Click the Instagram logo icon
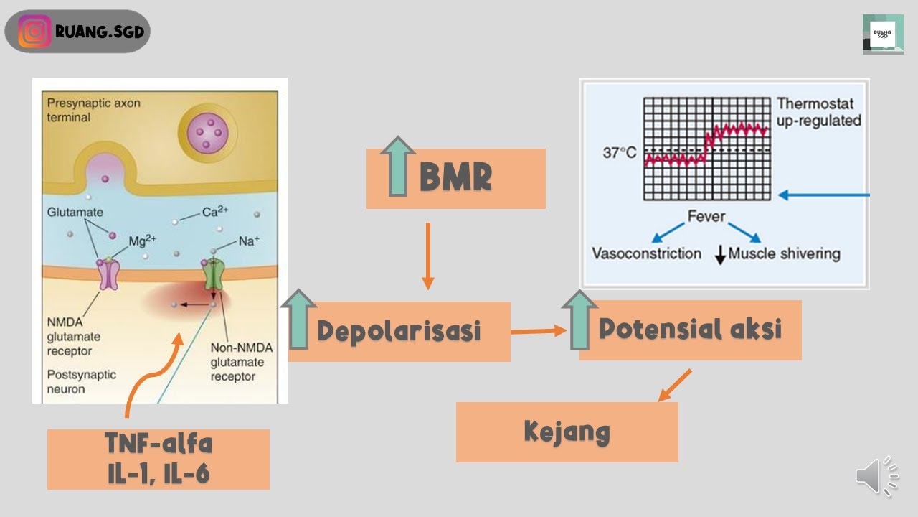[34, 32]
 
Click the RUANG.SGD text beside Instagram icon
[99, 32]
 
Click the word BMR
[455, 178]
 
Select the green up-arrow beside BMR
[398, 167]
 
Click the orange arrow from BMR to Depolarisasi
[427, 256]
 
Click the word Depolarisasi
[399, 331]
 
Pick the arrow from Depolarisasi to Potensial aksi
[538, 331]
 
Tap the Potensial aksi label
[690, 329]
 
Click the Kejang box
[567, 432]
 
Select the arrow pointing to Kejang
[675, 385]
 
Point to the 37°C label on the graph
[619, 153]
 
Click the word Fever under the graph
[706, 216]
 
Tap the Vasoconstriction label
[646, 253]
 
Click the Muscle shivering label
[784, 253]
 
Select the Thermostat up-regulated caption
[818, 112]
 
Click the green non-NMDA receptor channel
[214, 274]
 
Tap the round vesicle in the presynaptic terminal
[207, 131]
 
